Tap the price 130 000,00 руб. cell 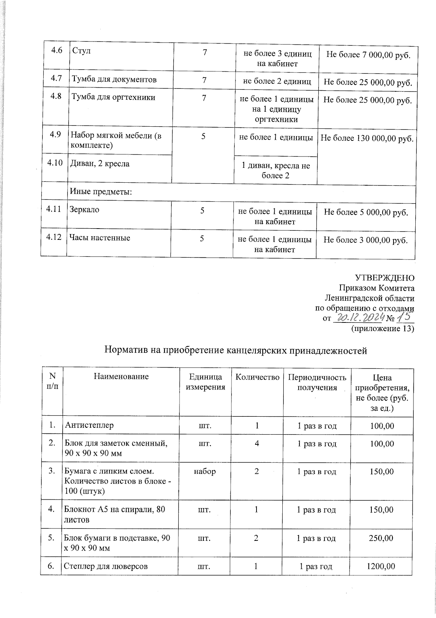367,138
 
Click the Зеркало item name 85,210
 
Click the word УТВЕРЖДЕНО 384,278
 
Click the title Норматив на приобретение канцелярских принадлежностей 236,350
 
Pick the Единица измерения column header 205,382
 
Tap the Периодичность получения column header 317,382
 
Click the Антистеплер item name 89,425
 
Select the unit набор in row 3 205,471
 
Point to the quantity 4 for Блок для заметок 257,444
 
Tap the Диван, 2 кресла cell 100,164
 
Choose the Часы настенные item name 99,238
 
